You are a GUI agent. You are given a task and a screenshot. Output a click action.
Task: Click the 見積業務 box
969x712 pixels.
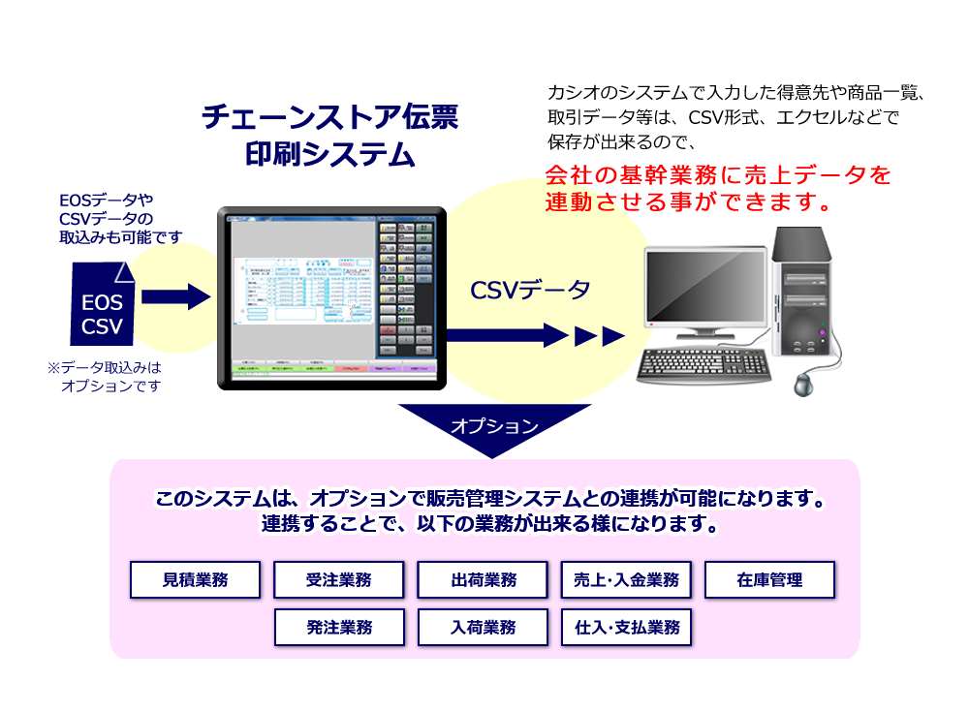pyautogui.click(x=196, y=580)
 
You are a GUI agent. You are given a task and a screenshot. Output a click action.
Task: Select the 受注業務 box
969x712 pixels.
pyautogui.click(x=339, y=580)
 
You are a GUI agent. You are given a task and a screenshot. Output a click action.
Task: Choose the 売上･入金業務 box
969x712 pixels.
pyautogui.click(x=626, y=580)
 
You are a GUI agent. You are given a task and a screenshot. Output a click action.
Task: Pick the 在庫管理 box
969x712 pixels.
pyautogui.click(x=769, y=580)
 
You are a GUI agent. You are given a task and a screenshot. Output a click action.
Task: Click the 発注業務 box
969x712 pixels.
pyautogui.click(x=339, y=627)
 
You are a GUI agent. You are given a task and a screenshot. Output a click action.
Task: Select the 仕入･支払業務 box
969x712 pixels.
pyautogui.click(x=626, y=627)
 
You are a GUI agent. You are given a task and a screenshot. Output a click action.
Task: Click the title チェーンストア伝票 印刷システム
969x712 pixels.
pyautogui.click(x=329, y=136)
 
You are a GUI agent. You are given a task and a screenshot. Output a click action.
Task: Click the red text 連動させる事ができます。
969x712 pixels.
pyautogui.click(x=689, y=203)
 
